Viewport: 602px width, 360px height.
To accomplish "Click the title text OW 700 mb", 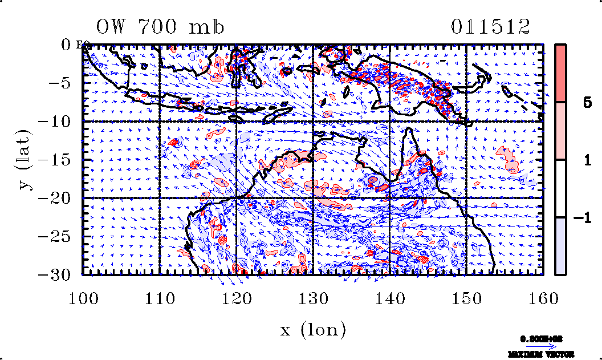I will (160, 27).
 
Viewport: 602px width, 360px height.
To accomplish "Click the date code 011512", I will (490, 27).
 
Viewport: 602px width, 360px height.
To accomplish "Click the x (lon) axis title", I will (313, 329).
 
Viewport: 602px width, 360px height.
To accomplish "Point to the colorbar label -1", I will (579, 218).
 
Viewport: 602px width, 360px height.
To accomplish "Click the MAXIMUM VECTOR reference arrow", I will (540, 346).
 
